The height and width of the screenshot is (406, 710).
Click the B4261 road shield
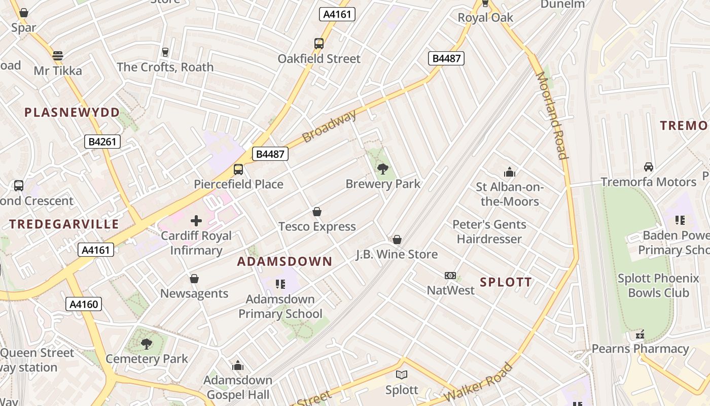[102, 142]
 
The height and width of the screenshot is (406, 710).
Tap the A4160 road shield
[84, 304]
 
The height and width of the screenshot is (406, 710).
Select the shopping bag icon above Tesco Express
[317, 211]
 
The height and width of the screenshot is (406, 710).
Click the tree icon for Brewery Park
[383, 168]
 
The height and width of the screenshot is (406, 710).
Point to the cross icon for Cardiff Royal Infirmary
[196, 221]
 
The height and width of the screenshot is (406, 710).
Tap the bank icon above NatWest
[450, 275]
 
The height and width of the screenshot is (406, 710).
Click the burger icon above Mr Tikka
[58, 55]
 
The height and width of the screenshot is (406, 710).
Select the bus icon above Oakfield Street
[319, 44]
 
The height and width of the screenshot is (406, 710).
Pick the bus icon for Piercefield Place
[238, 169]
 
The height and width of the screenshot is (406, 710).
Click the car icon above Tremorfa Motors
[648, 167]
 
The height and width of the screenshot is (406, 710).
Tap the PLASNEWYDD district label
[73, 113]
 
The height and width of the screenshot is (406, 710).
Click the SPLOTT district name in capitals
[506, 283]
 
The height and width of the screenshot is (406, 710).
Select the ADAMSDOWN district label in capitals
[285, 262]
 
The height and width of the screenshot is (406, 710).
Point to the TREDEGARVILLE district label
[64, 224]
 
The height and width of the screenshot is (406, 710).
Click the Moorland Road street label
[551, 115]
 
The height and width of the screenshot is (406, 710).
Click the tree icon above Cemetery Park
[147, 344]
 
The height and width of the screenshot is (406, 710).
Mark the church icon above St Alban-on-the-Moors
[509, 172]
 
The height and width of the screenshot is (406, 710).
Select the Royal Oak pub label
[485, 17]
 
